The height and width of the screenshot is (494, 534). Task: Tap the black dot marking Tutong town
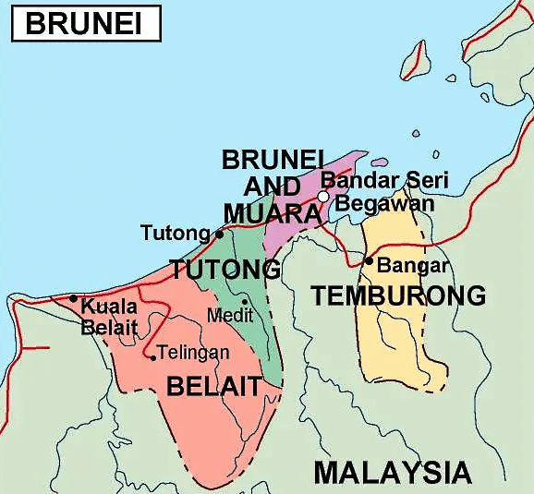(219, 234)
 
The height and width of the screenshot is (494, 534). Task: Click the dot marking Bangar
(369, 261)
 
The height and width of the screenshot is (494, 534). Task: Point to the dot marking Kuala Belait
(74, 298)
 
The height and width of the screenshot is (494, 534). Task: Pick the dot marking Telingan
(152, 357)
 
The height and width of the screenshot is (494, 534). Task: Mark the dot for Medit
(245, 301)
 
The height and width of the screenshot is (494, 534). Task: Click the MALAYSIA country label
(393, 473)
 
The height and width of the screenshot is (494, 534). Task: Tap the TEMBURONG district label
(398, 295)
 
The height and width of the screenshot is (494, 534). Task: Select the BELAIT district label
(213, 387)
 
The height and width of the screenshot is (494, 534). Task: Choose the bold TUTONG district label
(225, 270)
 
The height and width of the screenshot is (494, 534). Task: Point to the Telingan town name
(193, 352)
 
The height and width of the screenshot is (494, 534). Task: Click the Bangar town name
(413, 266)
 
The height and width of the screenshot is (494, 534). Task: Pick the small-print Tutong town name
(176, 233)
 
